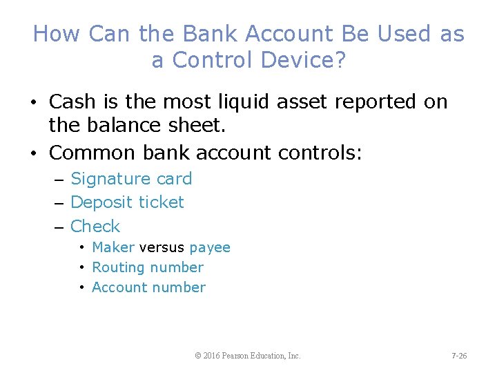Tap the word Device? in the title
301,60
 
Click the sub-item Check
95,226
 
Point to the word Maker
113,247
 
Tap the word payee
210,247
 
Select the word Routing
118,267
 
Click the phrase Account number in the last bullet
148,287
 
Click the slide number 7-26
459,356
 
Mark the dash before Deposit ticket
58,203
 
